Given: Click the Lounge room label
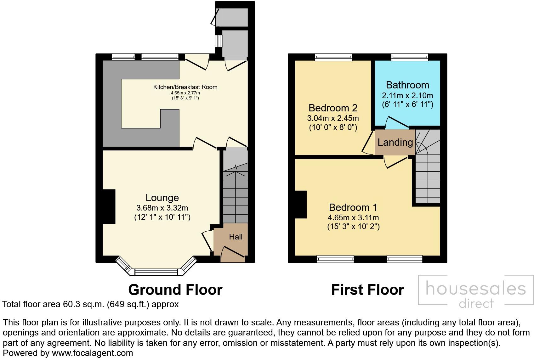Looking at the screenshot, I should (x=162, y=198).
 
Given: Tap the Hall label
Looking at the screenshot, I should (x=236, y=237).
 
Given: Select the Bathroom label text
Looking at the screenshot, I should (x=407, y=85).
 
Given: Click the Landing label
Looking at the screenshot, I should (x=395, y=143).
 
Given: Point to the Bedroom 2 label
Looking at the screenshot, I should (x=333, y=108).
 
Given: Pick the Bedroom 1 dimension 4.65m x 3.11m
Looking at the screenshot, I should (x=353, y=217).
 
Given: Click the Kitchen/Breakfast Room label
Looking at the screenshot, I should (x=185, y=87).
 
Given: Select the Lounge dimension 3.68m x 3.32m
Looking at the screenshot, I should (x=162, y=208).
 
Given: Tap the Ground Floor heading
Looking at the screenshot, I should (x=175, y=290).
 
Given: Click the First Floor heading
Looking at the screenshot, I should (x=367, y=290).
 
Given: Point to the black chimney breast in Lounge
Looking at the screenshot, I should (x=109, y=206).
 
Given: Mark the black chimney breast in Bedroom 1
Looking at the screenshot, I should (x=300, y=205).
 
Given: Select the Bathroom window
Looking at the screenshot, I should (x=410, y=57).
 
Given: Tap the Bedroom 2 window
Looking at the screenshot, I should (x=333, y=57).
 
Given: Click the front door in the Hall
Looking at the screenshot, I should (x=233, y=254).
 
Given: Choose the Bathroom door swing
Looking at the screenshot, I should (x=397, y=123).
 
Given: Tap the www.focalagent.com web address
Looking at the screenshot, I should (x=92, y=353).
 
